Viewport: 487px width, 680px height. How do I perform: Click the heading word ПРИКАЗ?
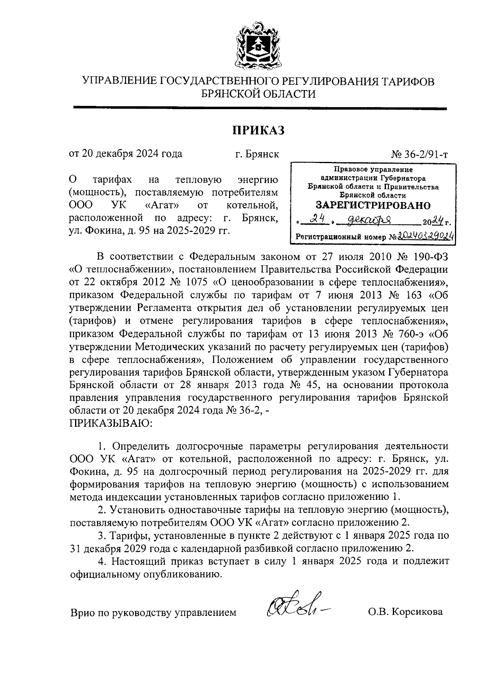[258, 130]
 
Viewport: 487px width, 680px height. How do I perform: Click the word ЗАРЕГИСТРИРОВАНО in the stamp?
[373, 205]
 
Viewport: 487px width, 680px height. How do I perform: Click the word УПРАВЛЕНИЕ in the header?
[120, 81]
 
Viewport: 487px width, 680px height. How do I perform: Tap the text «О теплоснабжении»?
[122, 269]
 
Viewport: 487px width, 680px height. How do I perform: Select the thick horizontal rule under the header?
[260, 108]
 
